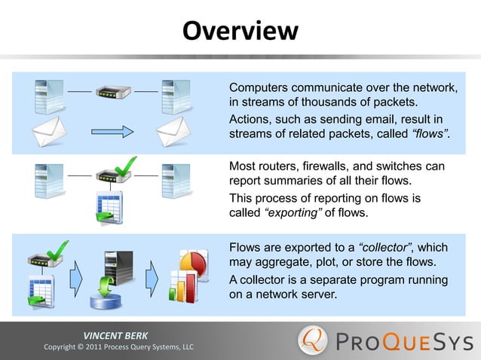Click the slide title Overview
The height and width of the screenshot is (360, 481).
pos(240,31)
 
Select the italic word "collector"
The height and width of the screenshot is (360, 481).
pos(386,246)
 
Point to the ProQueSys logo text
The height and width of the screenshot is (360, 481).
pos(403,340)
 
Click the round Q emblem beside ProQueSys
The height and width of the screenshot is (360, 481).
pos(314,340)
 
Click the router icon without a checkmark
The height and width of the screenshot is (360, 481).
pos(112,94)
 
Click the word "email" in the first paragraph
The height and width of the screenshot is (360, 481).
pos(385,120)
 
